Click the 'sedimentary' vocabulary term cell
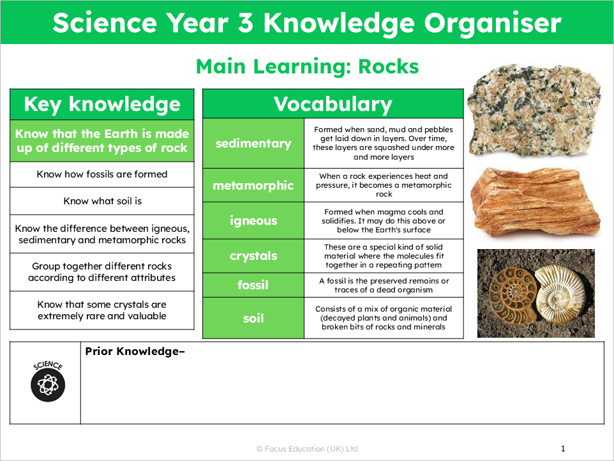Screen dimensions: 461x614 [x=253, y=144]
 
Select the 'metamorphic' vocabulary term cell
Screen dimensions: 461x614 [x=253, y=186]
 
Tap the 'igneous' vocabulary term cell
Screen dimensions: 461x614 [x=253, y=221]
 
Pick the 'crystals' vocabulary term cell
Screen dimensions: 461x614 [x=253, y=256]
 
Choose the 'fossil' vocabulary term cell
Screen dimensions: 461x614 [x=253, y=285]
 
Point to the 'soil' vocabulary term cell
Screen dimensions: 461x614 [x=253, y=317]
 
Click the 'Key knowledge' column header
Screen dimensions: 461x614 [x=102, y=105]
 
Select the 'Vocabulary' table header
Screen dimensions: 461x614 [x=333, y=104]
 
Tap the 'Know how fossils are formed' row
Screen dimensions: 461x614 [x=102, y=174]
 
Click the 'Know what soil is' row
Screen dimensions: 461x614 [x=102, y=201]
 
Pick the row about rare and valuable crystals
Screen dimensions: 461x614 [x=102, y=310]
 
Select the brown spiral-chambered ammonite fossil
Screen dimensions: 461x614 [x=509, y=292]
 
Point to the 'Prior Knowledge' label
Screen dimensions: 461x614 [x=135, y=351]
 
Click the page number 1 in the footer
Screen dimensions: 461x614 [x=563, y=449]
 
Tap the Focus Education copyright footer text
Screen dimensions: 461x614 [x=307, y=449]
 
